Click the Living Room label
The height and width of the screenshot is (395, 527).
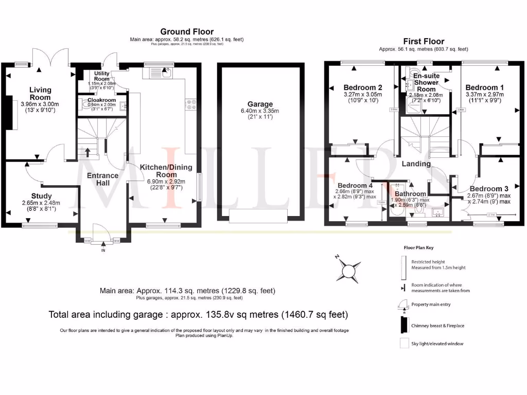pyautogui.click(x=40, y=94)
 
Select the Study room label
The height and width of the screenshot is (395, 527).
pyautogui.click(x=41, y=196)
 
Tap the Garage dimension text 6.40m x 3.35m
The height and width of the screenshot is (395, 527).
pyautogui.click(x=259, y=111)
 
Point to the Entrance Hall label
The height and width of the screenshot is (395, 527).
pyautogui.click(x=102, y=179)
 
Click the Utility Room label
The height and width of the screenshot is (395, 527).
pyautogui.click(x=95, y=77)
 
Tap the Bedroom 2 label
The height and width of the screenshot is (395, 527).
pyautogui.click(x=362, y=87)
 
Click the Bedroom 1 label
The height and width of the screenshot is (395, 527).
pyautogui.click(x=482, y=87)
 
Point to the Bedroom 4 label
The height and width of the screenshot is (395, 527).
pyautogui.click(x=355, y=185)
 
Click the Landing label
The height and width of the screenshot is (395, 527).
pyautogui.click(x=416, y=164)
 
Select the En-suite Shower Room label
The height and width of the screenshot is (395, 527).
pyautogui.click(x=426, y=82)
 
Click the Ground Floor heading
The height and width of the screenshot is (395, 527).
pyautogui.click(x=187, y=32)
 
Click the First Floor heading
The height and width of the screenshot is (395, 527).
pyautogui.click(x=424, y=41)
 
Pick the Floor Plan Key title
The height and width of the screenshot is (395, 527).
pyautogui.click(x=419, y=247)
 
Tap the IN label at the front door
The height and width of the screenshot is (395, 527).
pyautogui.click(x=102, y=250)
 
